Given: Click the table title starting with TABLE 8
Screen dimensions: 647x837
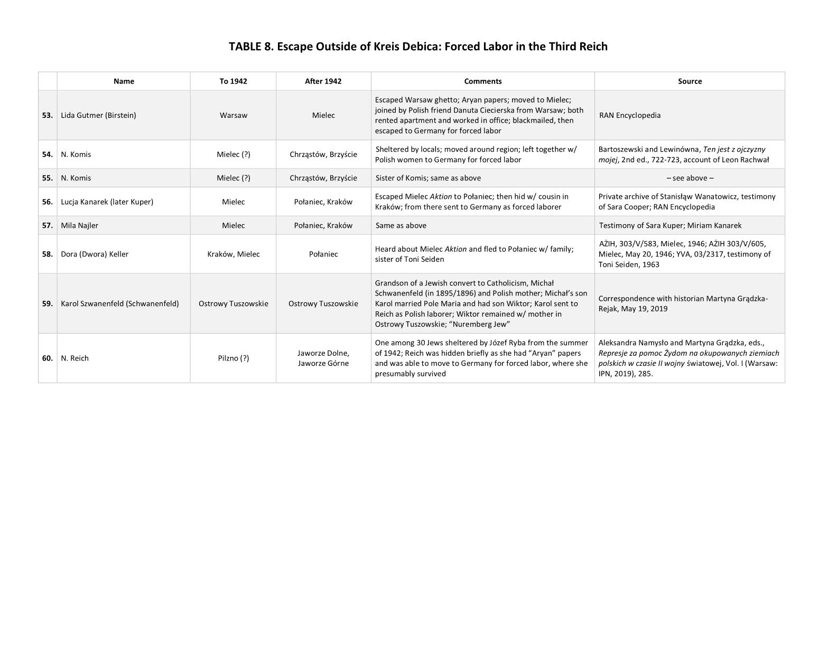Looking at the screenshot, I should [x=418, y=47].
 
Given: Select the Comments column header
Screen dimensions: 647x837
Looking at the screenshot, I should [x=482, y=81].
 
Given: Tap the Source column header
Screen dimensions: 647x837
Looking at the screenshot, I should [x=690, y=81].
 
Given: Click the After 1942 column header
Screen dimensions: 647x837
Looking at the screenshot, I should [x=323, y=81].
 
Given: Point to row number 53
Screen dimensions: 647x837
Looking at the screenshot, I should [x=48, y=115].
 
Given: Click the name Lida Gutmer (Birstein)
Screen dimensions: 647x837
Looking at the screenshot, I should [x=98, y=115].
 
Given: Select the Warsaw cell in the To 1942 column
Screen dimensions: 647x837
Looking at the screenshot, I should [x=233, y=115].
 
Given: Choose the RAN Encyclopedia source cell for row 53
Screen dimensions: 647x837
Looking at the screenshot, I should [x=630, y=115].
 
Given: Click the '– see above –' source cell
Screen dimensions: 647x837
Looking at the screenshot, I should [x=690, y=178].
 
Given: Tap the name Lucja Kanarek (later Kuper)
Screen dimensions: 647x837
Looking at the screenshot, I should [x=107, y=202].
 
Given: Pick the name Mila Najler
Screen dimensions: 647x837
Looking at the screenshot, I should [x=79, y=226].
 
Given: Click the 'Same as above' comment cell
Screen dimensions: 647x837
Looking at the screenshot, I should [x=401, y=226].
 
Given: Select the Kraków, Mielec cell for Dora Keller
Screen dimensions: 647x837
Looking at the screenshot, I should [x=233, y=254].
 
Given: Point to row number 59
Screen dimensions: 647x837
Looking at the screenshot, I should [x=48, y=304].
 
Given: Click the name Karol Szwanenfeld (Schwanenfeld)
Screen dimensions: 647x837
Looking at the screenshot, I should [x=119, y=304].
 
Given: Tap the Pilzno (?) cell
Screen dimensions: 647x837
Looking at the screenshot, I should [x=233, y=358].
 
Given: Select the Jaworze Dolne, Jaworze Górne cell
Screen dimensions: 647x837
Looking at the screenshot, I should [x=323, y=358].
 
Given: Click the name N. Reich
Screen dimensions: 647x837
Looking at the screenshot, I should [x=75, y=358].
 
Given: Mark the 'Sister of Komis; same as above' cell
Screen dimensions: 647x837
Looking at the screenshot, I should [x=428, y=178].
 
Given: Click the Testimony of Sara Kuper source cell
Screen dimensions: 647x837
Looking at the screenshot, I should [x=669, y=226].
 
